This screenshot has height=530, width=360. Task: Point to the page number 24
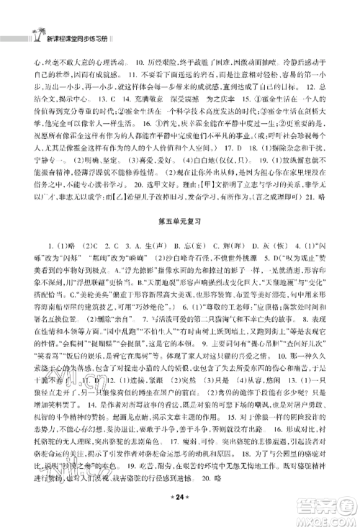pos(180,514)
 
